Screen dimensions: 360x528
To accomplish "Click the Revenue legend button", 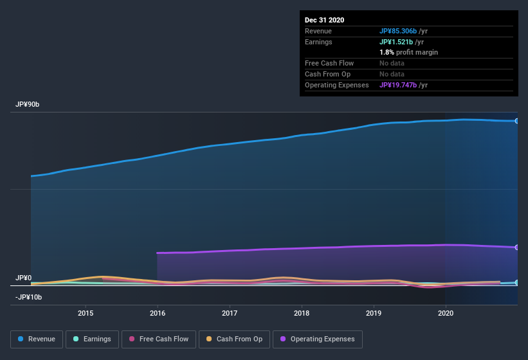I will [x=36, y=339].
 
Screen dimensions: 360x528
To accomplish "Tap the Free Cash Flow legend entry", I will [x=158, y=339].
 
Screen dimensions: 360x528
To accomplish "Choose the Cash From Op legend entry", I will [x=233, y=339].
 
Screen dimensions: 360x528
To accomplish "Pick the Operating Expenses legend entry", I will [x=317, y=339].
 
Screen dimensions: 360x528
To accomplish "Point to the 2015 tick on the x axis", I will [x=86, y=313].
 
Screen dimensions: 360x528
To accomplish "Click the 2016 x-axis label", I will [x=158, y=313].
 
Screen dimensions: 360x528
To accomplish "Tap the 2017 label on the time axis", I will [x=230, y=313].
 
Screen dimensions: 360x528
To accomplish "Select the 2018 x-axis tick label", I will [x=302, y=313].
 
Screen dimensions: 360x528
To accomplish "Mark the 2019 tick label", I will [x=374, y=313].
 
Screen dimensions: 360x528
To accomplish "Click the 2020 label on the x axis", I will [x=445, y=313].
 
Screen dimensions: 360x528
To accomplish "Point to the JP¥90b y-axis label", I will [x=28, y=104].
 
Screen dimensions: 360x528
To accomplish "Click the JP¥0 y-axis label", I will [x=23, y=278].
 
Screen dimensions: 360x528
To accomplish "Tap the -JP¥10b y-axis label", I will [x=28, y=297].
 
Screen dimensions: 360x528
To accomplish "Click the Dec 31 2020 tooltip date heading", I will [x=324, y=20].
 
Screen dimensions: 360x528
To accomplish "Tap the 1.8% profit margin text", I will [x=408, y=52].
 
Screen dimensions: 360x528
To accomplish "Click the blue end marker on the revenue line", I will [x=516, y=121].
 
